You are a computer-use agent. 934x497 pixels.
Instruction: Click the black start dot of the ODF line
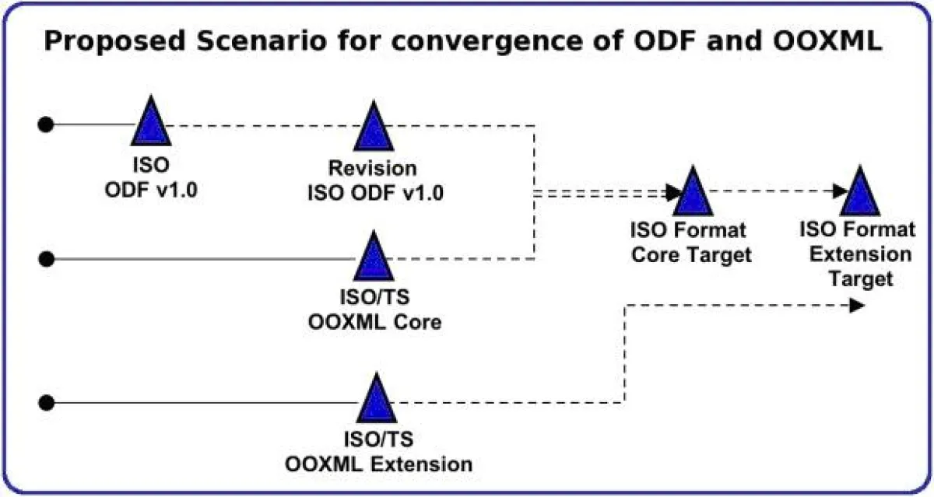pos(47,124)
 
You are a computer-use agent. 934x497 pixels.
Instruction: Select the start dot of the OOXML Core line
pos(47,258)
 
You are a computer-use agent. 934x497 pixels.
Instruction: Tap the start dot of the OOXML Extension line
pos(47,402)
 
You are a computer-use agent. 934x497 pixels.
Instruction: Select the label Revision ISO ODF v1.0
pos(372,180)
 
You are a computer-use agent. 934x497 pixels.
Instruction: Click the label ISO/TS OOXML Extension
pos(379,453)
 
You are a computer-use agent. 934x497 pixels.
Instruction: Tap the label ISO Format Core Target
pos(690,243)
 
